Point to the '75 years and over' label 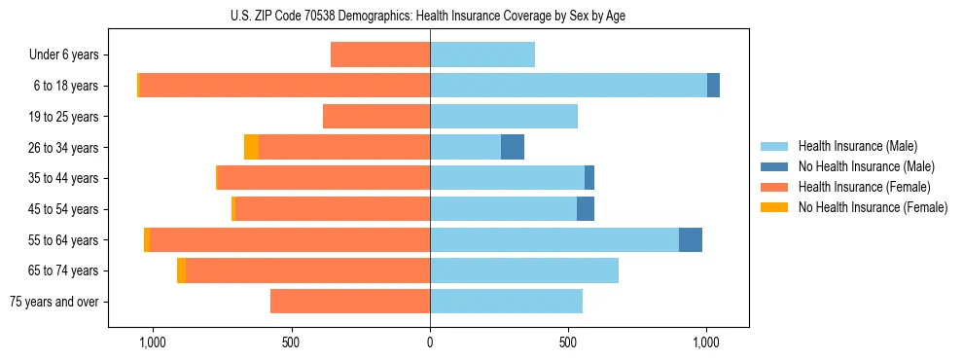tap(54, 302)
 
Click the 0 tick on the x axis tap(430, 342)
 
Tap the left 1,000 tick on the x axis tap(153, 342)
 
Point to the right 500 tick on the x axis tap(568, 342)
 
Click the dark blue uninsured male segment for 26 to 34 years tap(513, 147)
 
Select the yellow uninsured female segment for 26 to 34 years tap(251, 147)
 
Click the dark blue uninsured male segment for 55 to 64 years tap(691, 239)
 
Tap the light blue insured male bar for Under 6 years tap(482, 54)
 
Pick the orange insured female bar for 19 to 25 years tap(376, 117)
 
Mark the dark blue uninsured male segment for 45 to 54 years tap(586, 209)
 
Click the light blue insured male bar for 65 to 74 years tap(524, 270)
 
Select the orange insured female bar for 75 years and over tap(350, 302)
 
